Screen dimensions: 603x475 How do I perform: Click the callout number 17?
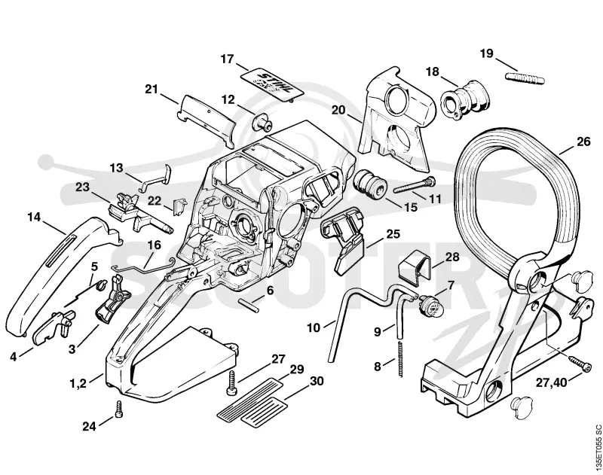pos(228,59)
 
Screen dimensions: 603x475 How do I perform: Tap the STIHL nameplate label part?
pos(273,85)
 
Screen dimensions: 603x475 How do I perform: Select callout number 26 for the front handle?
pos(583,142)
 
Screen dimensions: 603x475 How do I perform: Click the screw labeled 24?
pos(118,410)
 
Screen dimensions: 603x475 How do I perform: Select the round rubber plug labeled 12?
pos(262,123)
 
